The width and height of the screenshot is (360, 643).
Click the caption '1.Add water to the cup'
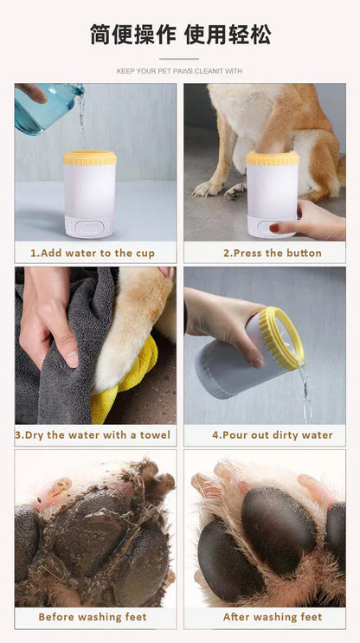[93, 253]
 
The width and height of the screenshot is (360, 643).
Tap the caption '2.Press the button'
[272, 253]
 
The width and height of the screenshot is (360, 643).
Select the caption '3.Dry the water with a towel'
[93, 434]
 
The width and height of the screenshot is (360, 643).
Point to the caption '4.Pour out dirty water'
[272, 434]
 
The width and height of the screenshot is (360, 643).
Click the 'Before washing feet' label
[93, 617]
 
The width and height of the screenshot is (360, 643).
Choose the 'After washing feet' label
[272, 617]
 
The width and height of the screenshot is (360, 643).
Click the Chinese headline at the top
[180, 35]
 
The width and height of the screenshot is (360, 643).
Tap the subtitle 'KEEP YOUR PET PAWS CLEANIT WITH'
[180, 71]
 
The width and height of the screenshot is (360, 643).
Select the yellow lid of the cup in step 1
[90, 158]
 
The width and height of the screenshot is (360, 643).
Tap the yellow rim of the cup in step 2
[272, 158]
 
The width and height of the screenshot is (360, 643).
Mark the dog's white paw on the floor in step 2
[208, 187]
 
